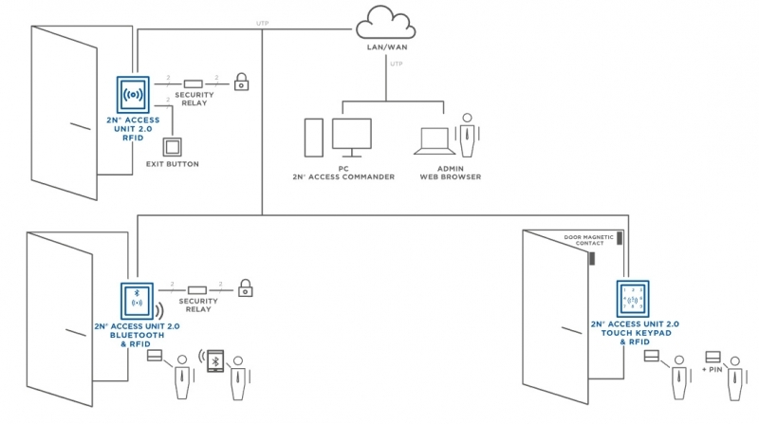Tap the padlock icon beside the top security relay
click(x=242, y=83)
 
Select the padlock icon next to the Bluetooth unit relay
click(x=244, y=286)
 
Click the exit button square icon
click(x=173, y=148)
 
